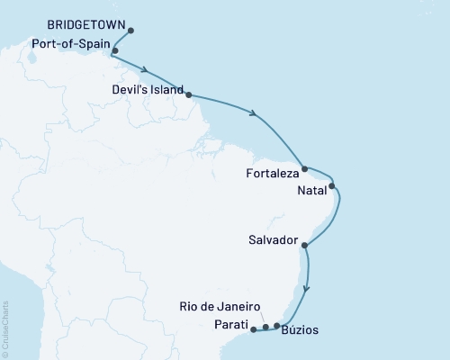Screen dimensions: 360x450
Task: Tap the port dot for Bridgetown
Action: [131, 31]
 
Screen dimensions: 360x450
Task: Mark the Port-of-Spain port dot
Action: [115, 51]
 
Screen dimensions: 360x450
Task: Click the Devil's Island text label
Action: [147, 92]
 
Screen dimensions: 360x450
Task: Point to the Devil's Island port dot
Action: [188, 93]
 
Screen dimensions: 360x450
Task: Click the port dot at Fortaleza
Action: [305, 168]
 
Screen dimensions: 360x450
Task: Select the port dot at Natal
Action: [333, 186]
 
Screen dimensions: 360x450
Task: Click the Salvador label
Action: [273, 241]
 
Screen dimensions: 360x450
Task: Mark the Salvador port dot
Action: [305, 245]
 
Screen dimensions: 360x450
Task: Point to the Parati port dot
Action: [253, 329]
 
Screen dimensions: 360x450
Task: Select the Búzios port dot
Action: [277, 326]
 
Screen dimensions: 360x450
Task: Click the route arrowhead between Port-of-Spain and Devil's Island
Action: [144, 67]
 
